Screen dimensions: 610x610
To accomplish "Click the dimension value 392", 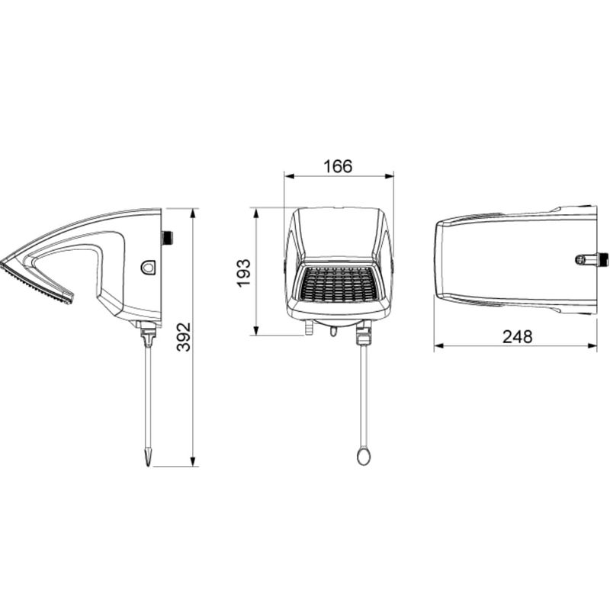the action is pyautogui.click(x=183, y=337).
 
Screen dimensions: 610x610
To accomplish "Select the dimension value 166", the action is pyautogui.click(x=338, y=166).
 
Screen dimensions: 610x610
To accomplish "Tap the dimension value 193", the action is pyautogui.click(x=244, y=273).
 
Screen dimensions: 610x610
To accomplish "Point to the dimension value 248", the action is pyautogui.click(x=517, y=337).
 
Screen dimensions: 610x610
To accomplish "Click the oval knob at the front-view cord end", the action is pyautogui.click(x=364, y=456).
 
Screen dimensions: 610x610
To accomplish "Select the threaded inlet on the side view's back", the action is pyautogui.click(x=167, y=238).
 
